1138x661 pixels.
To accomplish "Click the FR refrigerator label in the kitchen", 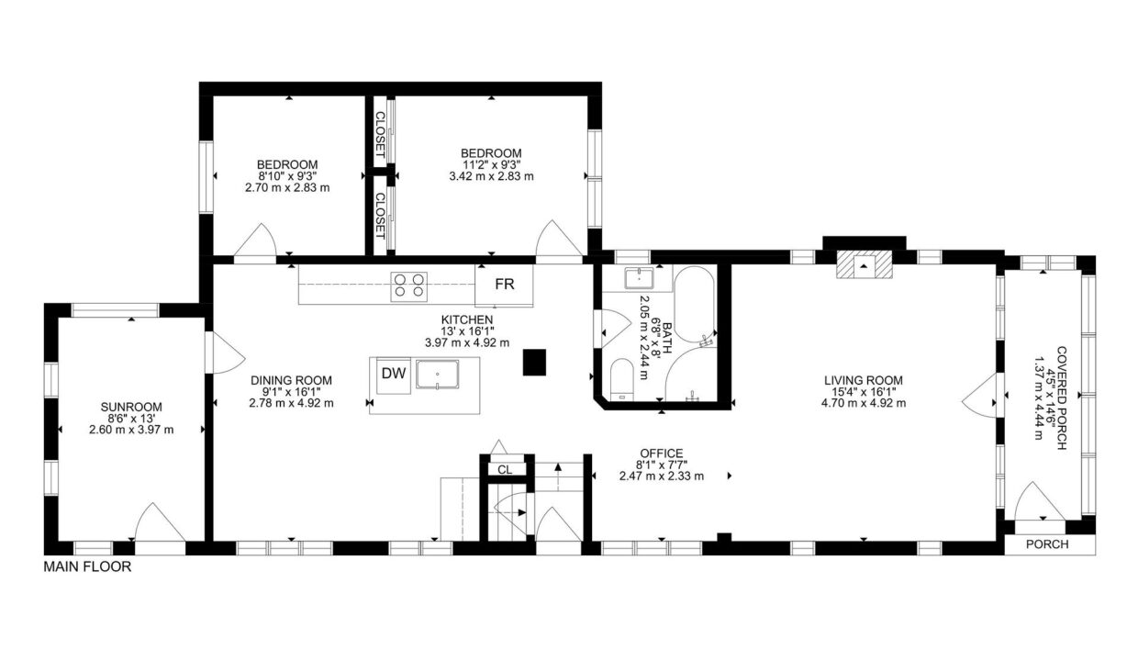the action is tap(505, 284).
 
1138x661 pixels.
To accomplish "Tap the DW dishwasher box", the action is tap(394, 375).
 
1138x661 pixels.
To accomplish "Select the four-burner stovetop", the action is tap(409, 286).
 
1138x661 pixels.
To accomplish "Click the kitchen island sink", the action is tap(437, 375).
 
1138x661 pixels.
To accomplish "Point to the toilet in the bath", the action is tap(621, 379).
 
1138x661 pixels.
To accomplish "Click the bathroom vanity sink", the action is tap(639, 278).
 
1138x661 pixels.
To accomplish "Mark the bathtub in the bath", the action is tap(694, 304).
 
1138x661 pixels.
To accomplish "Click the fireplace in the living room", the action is tap(864, 265).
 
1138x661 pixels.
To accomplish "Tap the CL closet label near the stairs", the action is tap(505, 470).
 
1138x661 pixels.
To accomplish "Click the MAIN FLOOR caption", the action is tap(87, 566).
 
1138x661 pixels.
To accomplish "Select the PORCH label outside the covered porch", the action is tap(1047, 544).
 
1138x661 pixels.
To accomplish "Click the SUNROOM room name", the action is tap(131, 407).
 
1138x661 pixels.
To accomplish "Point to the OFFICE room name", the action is tap(662, 454).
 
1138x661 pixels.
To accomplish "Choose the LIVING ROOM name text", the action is tap(864, 380).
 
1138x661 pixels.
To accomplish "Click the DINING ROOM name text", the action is tap(291, 380).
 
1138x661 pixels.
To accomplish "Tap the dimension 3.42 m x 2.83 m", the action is tap(491, 176).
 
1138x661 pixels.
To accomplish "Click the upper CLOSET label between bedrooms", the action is tap(380, 135).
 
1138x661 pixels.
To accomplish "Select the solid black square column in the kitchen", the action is tap(534, 363).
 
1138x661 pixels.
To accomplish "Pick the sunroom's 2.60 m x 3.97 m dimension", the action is tap(131, 430).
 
